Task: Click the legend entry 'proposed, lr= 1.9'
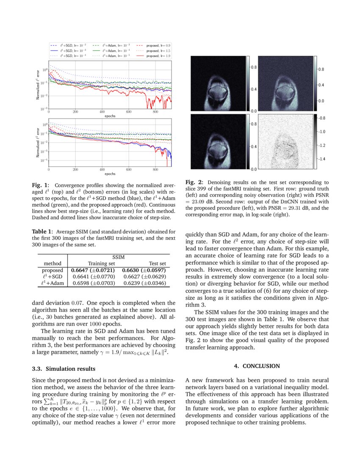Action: (x=158, y=56)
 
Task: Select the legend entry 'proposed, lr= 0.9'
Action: (x=158, y=45)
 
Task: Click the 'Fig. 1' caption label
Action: (x=40, y=185)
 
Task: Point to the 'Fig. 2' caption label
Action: (x=194, y=182)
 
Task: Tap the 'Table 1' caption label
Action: (x=42, y=232)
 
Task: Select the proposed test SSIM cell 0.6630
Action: (x=144, y=270)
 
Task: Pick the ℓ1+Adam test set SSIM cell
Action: (x=144, y=283)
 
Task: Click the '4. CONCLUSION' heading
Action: (x=257, y=366)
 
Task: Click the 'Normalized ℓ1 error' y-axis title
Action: (x=38, y=85)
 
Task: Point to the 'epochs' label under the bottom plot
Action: (x=110, y=173)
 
